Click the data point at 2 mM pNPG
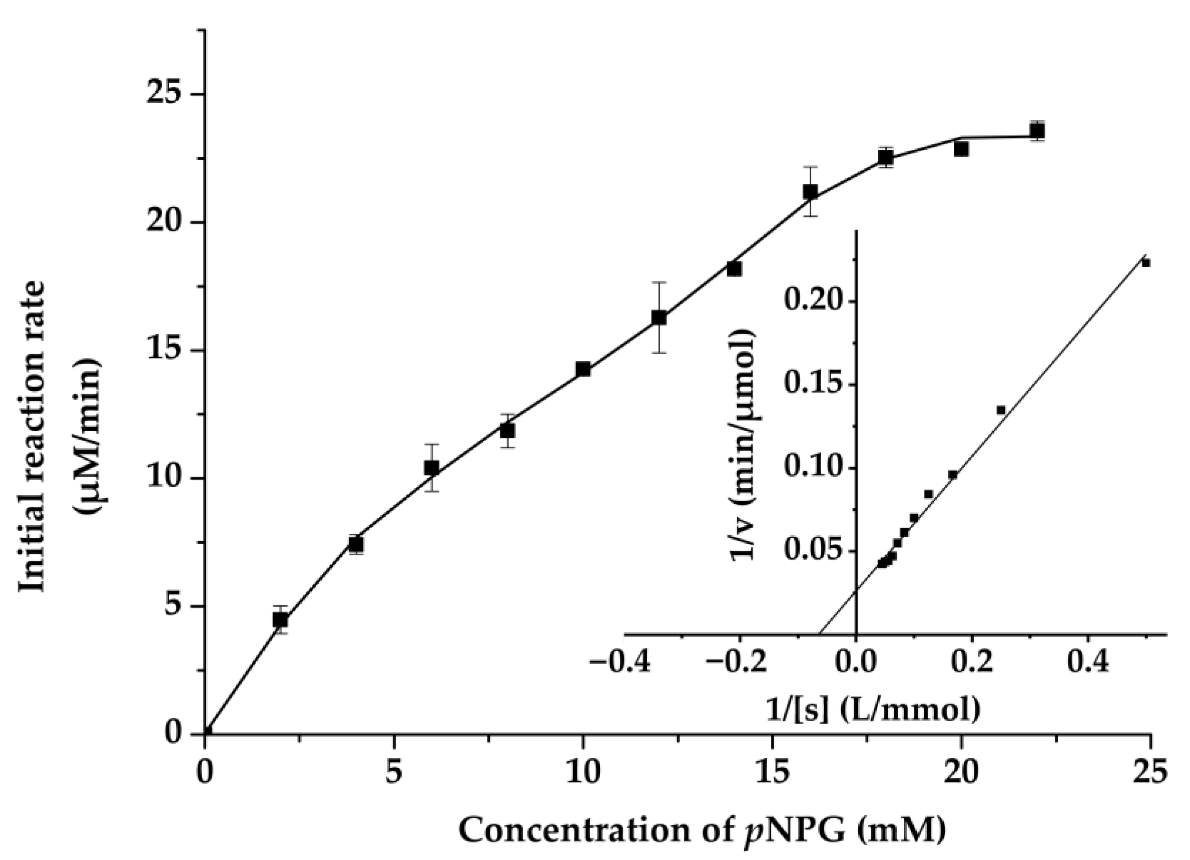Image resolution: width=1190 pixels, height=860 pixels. (281, 619)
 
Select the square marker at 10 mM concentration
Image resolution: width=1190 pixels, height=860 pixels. (583, 369)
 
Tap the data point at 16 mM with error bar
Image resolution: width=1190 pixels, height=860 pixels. (811, 192)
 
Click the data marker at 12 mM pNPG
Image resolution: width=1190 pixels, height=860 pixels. (659, 318)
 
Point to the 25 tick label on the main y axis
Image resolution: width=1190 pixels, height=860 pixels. (166, 95)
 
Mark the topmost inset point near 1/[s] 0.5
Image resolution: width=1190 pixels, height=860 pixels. (1146, 263)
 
